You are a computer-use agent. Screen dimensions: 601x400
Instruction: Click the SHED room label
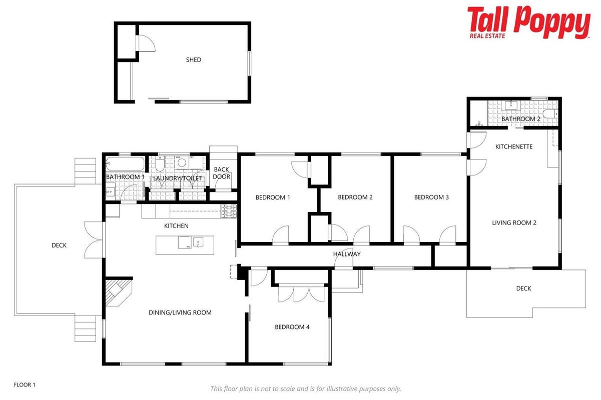194,60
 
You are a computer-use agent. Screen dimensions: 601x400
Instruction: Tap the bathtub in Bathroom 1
125,163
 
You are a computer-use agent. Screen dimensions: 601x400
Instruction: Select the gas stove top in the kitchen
229,210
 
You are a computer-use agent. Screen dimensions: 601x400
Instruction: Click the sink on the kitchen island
198,242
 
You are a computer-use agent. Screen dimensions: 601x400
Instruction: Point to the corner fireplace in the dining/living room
118,292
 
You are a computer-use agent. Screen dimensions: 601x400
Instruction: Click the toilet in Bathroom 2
550,113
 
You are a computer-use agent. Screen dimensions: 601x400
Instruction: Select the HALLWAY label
347,254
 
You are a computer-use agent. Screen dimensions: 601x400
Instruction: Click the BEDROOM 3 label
431,197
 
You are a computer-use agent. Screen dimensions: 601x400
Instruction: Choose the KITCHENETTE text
514,146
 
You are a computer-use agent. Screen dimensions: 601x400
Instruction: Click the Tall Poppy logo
528,22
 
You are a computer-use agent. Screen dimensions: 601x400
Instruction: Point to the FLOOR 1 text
25,384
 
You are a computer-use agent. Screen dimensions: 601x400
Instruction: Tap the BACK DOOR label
222,173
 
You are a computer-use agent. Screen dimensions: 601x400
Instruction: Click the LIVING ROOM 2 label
514,223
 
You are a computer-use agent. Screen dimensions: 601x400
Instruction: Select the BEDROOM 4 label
292,327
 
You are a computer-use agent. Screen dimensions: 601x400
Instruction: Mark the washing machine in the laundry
182,162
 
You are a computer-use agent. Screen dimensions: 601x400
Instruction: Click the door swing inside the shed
147,43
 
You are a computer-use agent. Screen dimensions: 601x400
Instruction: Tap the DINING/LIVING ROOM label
180,312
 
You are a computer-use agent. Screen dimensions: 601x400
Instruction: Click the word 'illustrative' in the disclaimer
342,388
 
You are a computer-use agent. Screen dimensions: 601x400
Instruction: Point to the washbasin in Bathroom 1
110,191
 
